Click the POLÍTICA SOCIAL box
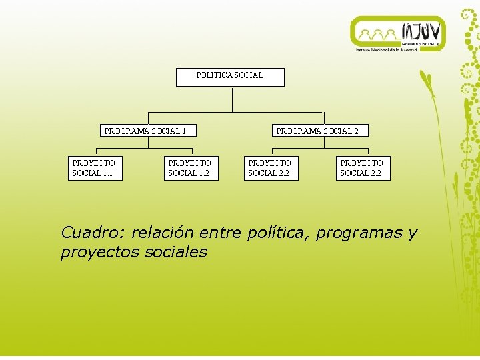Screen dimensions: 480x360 pyautogui.click(x=230, y=77)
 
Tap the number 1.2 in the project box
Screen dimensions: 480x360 pyautogui.click(x=203, y=173)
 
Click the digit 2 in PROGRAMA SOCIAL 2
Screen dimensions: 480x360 pyautogui.click(x=356, y=131)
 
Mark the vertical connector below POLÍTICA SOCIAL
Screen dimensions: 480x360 pyautogui.click(x=232, y=99)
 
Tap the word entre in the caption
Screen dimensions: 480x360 pyautogui.click(x=220, y=233)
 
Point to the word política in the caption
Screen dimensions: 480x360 pyautogui.click(x=279, y=233)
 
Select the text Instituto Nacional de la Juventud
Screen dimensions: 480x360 pyautogui.click(x=387, y=50)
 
